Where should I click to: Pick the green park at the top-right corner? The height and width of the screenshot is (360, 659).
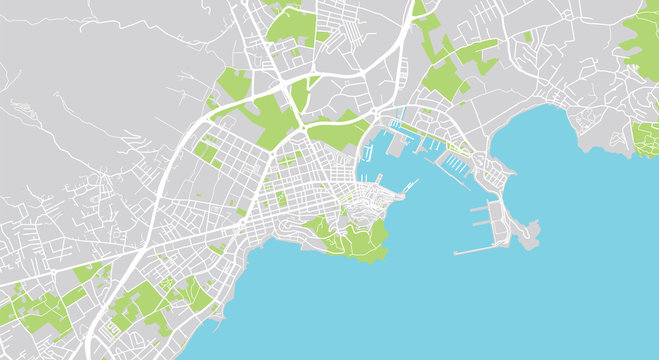641,40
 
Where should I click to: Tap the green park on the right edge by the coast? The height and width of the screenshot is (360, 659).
646,140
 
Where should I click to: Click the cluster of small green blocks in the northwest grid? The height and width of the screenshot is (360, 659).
208,151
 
